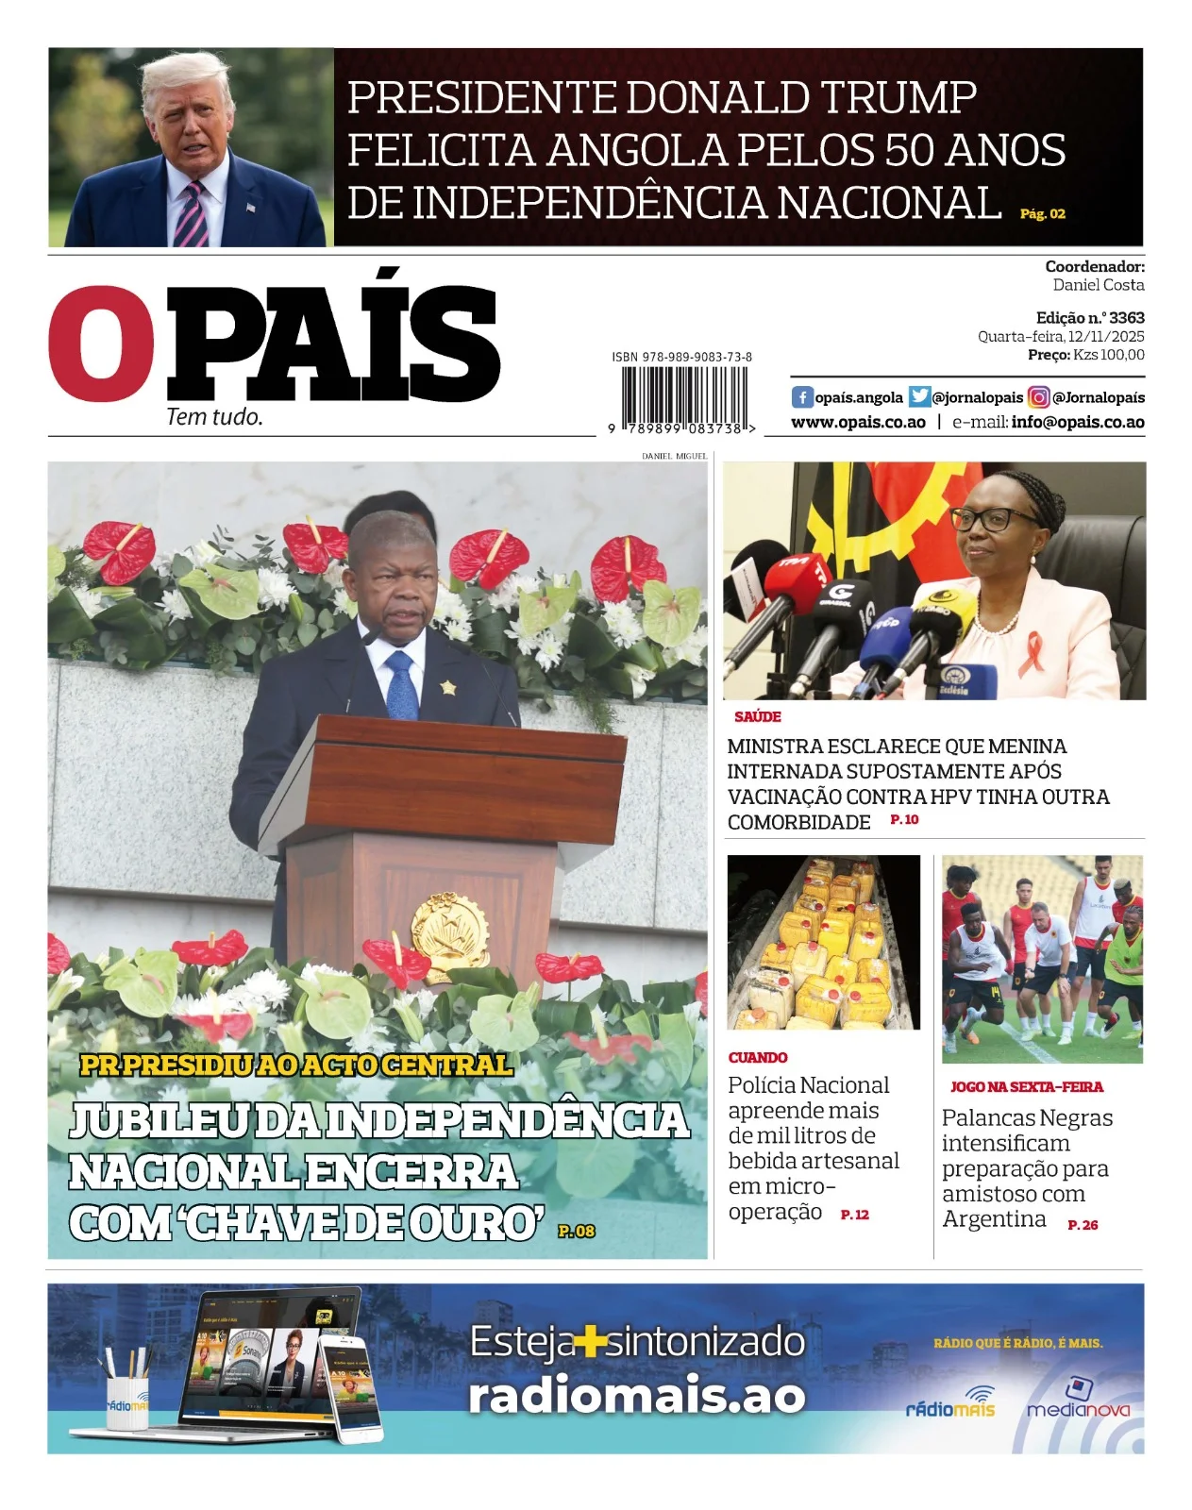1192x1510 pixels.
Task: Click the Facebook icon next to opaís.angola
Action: pyautogui.click(x=801, y=397)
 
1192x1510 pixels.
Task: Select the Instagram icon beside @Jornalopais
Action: pyautogui.click(x=1038, y=397)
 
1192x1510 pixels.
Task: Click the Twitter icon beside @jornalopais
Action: pyautogui.click(x=918, y=397)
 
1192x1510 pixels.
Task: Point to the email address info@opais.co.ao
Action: pyautogui.click(x=1077, y=423)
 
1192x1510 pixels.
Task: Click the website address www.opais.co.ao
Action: pyautogui.click(x=858, y=423)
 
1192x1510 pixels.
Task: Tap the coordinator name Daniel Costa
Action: pyautogui.click(x=1099, y=285)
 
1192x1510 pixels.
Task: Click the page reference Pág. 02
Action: pyautogui.click(x=1042, y=214)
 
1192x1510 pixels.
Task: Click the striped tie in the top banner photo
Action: pyautogui.click(x=192, y=214)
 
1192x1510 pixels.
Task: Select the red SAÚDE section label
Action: pyautogui.click(x=757, y=717)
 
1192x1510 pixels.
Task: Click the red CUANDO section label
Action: pyautogui.click(x=757, y=1058)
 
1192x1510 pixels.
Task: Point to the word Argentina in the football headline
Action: pyautogui.click(x=994, y=1219)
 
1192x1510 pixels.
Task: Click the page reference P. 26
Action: pyautogui.click(x=1083, y=1225)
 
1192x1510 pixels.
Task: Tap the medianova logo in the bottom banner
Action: pyautogui.click(x=1078, y=1402)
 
